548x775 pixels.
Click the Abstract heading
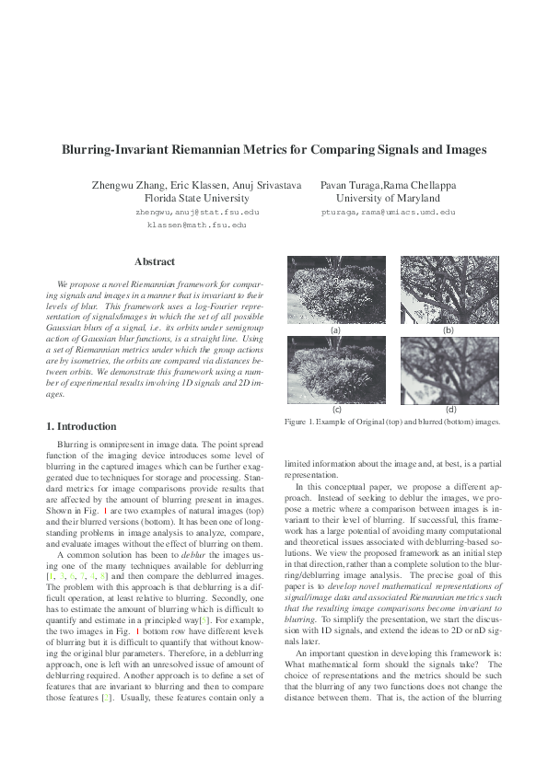tap(155, 261)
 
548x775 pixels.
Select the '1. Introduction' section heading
tap(81, 426)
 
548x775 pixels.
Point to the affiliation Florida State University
tap(196, 198)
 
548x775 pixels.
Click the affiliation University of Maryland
tap(388, 198)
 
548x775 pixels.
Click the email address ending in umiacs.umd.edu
tap(388, 212)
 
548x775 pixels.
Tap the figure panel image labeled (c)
tap(335, 368)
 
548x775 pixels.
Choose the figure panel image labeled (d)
tap(449, 368)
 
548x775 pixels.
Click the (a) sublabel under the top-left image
tap(335, 330)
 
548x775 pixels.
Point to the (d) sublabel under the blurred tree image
tap(450, 409)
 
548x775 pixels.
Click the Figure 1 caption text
tap(391, 421)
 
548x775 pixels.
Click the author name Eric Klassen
tap(194, 185)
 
